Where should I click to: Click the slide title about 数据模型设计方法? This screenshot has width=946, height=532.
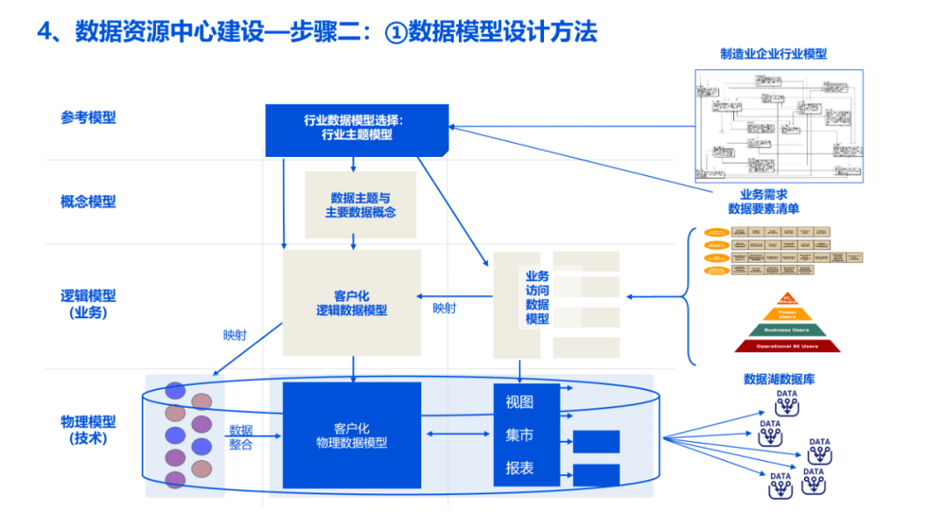[317, 32]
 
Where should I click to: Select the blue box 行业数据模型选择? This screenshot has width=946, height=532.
[357, 128]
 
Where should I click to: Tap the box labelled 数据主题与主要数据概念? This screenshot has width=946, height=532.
[360, 205]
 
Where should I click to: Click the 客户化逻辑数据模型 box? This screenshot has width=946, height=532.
[351, 303]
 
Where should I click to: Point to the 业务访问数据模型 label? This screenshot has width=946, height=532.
[537, 298]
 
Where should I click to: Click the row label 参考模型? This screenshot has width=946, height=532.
[88, 117]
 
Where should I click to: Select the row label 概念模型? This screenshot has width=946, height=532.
[88, 202]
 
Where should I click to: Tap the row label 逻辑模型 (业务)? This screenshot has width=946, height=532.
[88, 303]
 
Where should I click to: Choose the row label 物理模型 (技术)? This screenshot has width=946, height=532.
[88, 429]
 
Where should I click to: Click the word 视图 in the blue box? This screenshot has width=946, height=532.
[519, 402]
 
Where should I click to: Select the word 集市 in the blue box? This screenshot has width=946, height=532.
[519, 435]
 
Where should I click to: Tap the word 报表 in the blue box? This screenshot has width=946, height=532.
[519, 468]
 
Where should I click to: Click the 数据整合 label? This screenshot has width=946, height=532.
[241, 437]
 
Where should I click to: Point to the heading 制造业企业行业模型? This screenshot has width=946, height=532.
[773, 54]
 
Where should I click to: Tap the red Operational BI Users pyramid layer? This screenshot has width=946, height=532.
[787, 346]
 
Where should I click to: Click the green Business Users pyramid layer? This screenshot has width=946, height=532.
[787, 330]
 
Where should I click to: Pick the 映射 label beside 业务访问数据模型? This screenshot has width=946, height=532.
[444, 309]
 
